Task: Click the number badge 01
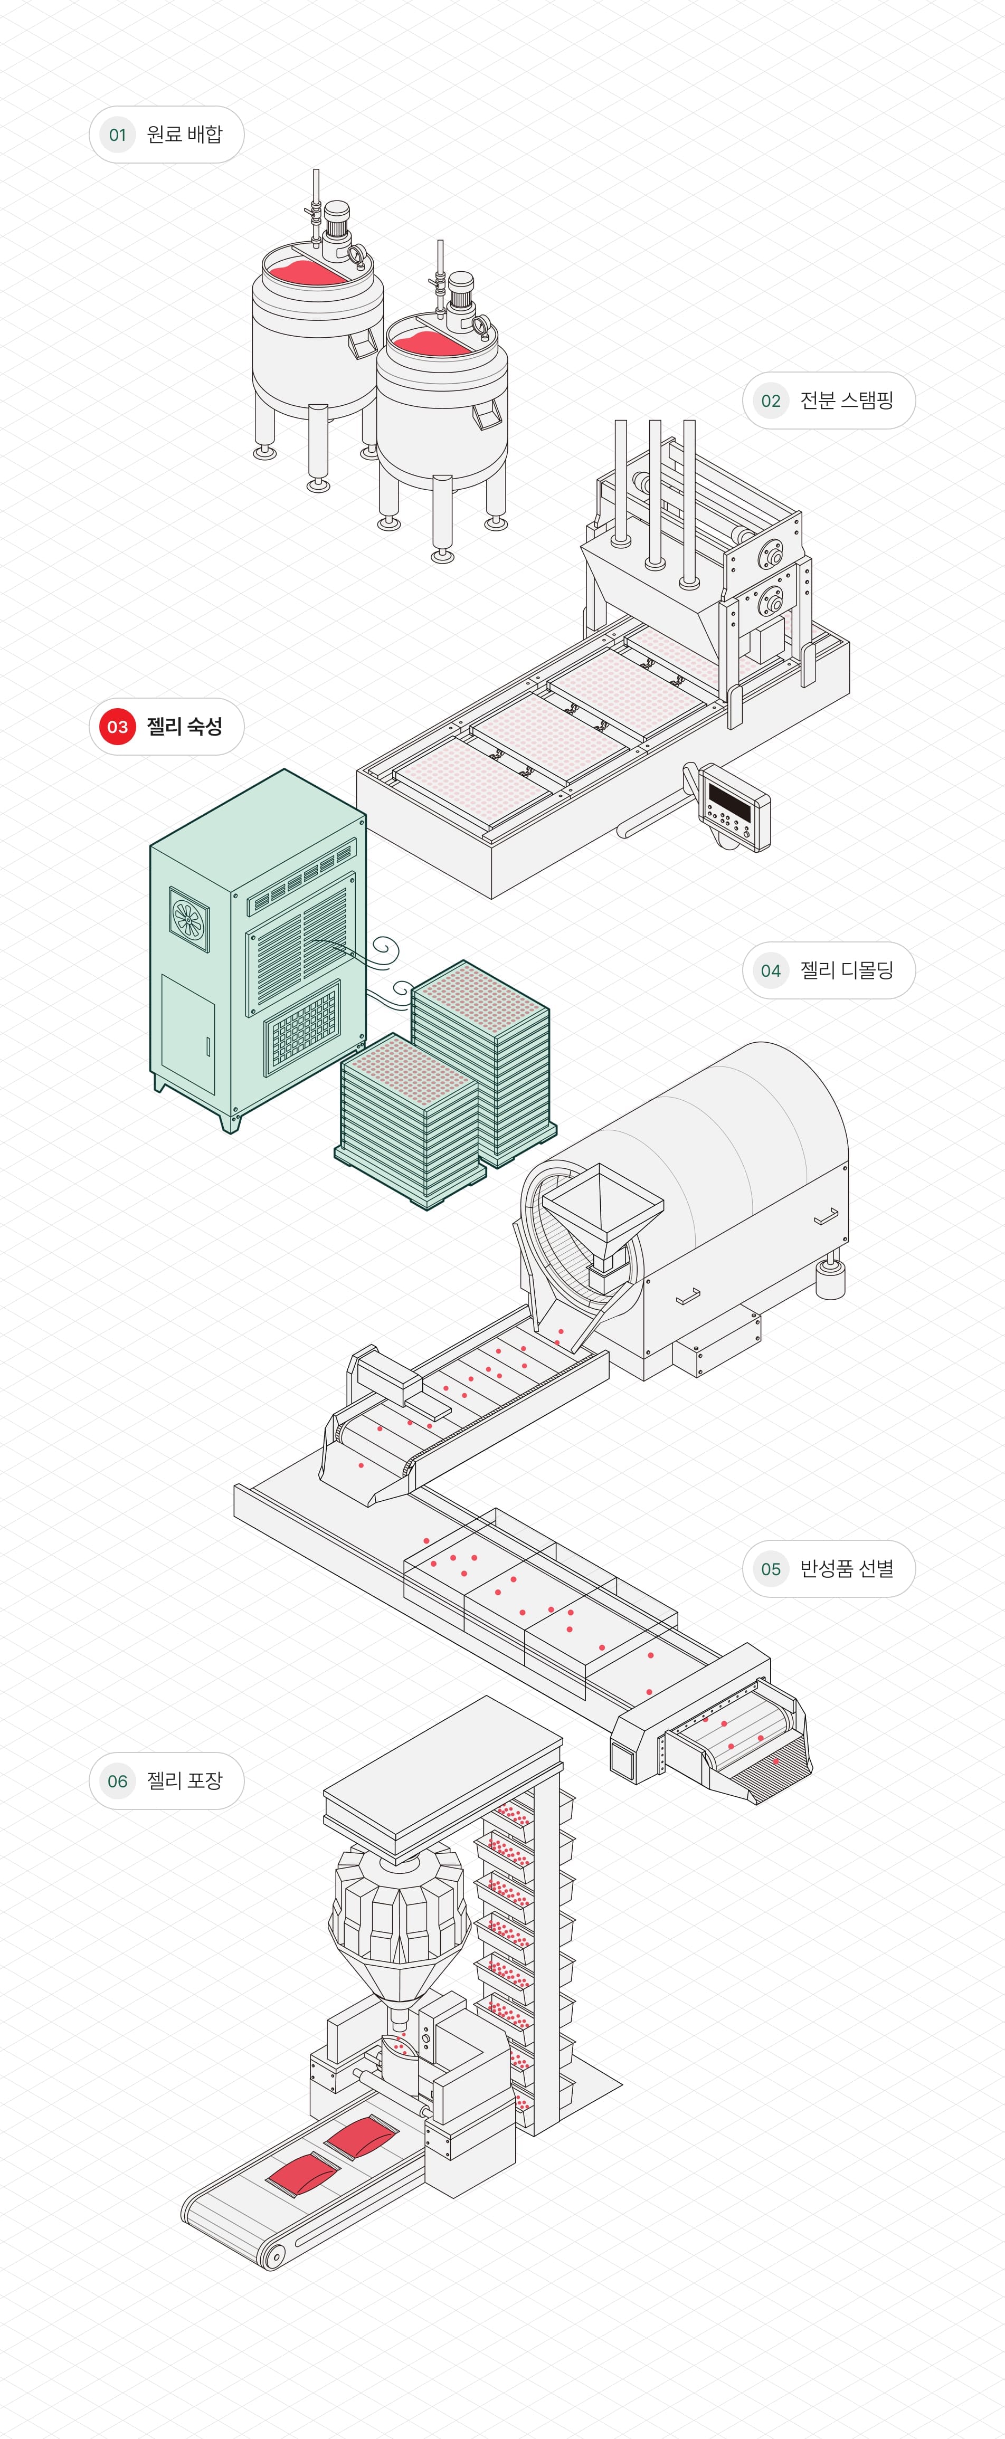point(118,135)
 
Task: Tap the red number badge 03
point(118,726)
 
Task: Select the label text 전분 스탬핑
point(846,401)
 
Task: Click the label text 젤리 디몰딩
point(846,970)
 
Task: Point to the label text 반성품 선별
point(846,1569)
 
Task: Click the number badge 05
point(771,1569)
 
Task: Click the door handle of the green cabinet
point(208,1046)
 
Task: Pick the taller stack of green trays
point(481,1061)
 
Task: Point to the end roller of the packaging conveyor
point(274,2258)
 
